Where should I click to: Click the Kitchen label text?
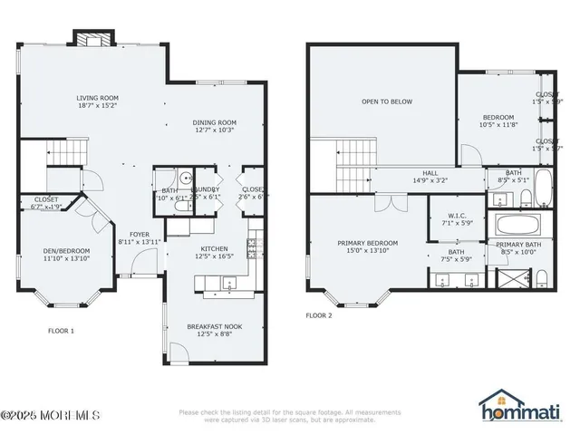pyautogui.click(x=214, y=248)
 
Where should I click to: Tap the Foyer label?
pyautogui.click(x=139, y=234)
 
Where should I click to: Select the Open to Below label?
pyautogui.click(x=387, y=101)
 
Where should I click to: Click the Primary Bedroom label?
pyautogui.click(x=367, y=243)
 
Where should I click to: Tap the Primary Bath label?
pyautogui.click(x=518, y=245)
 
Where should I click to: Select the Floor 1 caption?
pyautogui.click(x=61, y=331)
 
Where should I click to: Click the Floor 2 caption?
pyautogui.click(x=318, y=315)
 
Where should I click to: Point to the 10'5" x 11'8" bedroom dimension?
pyautogui.click(x=498, y=124)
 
